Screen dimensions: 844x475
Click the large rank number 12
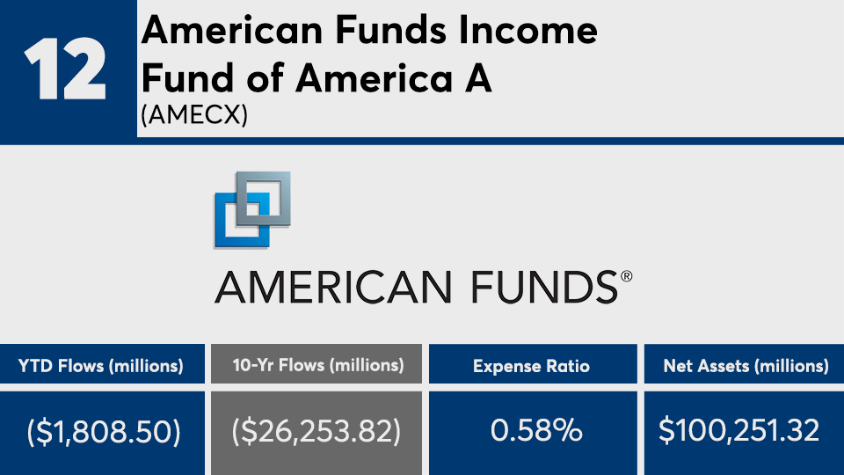[65, 69]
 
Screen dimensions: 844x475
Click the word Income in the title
[527, 30]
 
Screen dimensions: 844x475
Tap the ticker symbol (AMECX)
[194, 114]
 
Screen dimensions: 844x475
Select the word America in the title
[375, 78]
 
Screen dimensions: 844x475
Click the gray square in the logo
[264, 199]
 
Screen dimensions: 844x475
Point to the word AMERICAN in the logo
[333, 287]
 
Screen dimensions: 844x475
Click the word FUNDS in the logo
[545, 287]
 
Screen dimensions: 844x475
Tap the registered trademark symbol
[626, 277]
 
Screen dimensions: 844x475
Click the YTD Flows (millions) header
[100, 366]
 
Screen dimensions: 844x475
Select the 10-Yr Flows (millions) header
[318, 365]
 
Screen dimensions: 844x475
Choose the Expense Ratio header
[531, 366]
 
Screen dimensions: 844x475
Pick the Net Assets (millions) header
[746, 366]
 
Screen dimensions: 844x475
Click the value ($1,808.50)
[104, 432]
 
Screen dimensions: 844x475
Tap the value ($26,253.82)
[316, 432]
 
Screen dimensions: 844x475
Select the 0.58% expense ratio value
[536, 431]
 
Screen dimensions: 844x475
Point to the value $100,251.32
[739, 431]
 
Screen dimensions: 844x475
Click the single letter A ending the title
[478, 78]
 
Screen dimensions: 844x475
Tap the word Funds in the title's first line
[390, 30]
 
